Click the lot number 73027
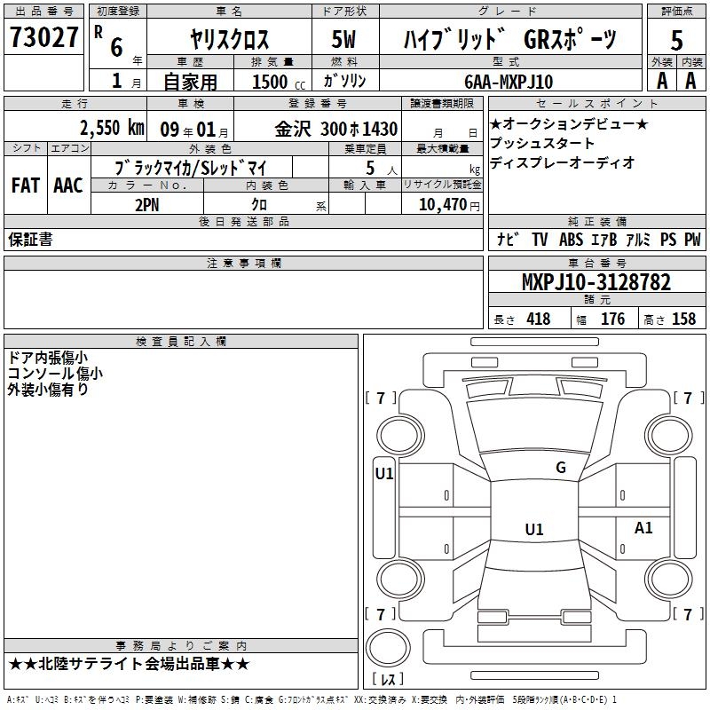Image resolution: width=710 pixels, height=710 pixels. pos(43,37)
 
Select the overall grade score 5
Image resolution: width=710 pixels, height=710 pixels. pos(676,40)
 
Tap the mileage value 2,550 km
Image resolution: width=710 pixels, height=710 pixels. pos(113,128)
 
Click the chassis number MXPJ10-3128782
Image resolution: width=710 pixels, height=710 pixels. pos(596,282)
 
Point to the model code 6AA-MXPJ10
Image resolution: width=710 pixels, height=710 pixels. pos(509,82)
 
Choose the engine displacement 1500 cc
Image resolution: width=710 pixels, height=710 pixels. pos(279,82)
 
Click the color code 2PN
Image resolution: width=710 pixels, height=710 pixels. pos(147,205)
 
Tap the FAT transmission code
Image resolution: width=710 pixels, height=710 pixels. pos(26,185)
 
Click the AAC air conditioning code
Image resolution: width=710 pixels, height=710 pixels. pos(68,185)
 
